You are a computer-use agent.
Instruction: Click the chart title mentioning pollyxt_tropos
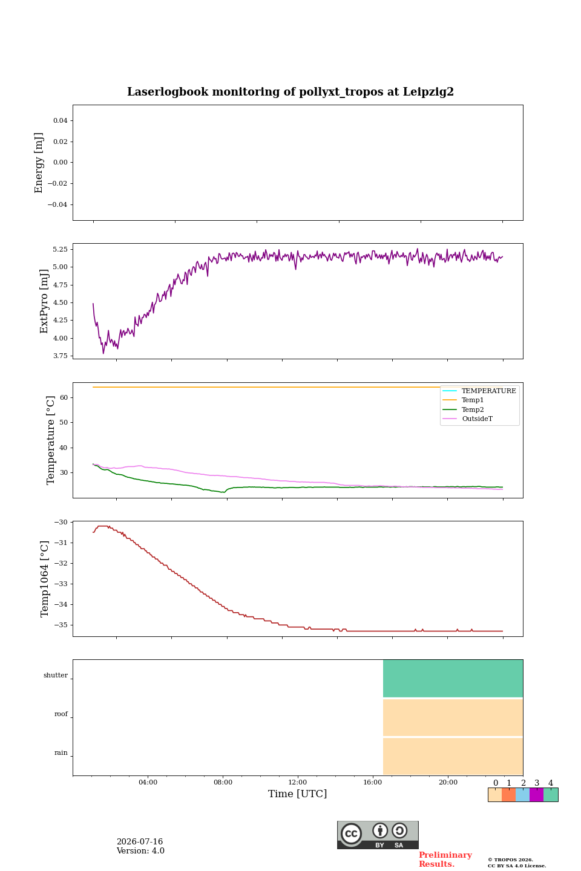click(290, 92)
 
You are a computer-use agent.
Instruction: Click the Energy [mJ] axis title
click(39, 163)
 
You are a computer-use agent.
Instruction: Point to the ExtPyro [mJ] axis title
click(44, 301)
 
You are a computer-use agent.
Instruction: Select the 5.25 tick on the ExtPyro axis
click(61, 249)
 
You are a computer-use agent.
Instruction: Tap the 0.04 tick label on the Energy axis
click(61, 120)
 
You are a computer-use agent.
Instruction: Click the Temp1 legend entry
click(473, 400)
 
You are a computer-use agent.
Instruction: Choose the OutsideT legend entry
click(477, 419)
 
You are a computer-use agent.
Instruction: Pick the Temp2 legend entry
click(473, 409)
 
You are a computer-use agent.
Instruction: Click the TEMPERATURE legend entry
click(488, 391)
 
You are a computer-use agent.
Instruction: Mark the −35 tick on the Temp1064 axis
click(61, 625)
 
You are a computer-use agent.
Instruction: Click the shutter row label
click(56, 675)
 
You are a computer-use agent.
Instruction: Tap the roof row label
click(61, 714)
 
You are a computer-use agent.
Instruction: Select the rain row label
click(61, 752)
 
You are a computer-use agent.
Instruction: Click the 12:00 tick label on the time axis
click(297, 782)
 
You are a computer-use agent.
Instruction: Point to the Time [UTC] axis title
click(297, 794)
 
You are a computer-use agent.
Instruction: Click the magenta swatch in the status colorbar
click(536, 795)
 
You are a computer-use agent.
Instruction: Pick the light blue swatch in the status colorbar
click(523, 795)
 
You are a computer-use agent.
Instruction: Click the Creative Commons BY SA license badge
click(378, 835)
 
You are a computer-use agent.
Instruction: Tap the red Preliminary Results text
click(445, 860)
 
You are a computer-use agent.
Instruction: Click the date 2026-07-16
click(140, 841)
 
